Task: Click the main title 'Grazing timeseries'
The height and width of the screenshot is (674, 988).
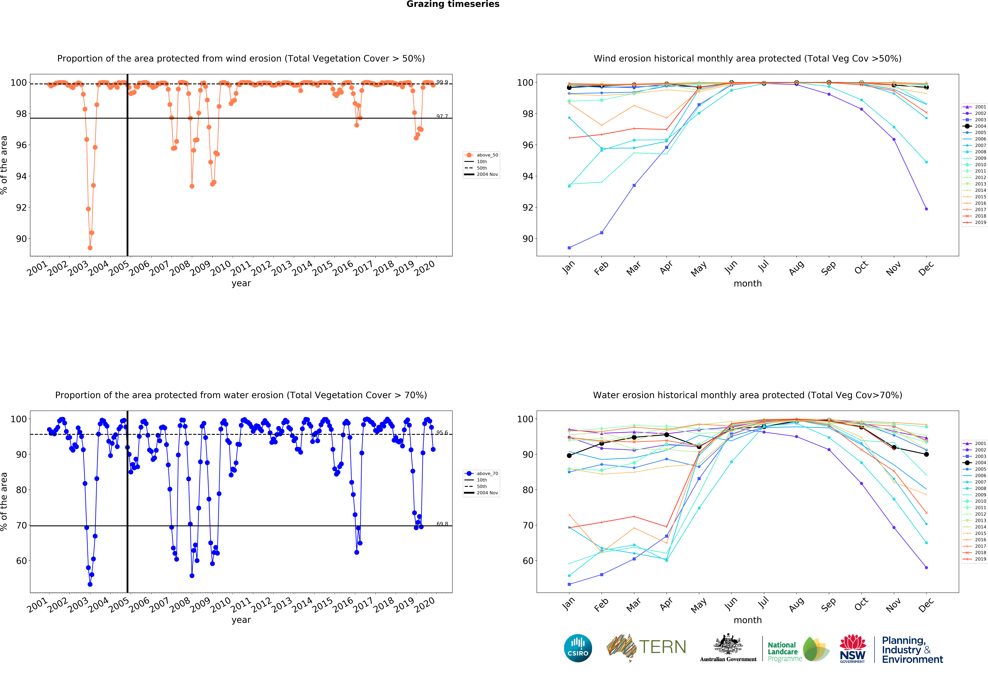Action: coord(453,4)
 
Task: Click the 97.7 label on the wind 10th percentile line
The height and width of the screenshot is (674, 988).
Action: coord(442,116)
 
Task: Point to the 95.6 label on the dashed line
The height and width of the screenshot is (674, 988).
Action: coord(442,433)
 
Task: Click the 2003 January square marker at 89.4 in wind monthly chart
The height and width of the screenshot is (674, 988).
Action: coord(569,248)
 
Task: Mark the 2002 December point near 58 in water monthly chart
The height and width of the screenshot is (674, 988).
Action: coord(926,568)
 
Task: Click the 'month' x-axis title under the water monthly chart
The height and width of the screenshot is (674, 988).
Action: coord(747,620)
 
